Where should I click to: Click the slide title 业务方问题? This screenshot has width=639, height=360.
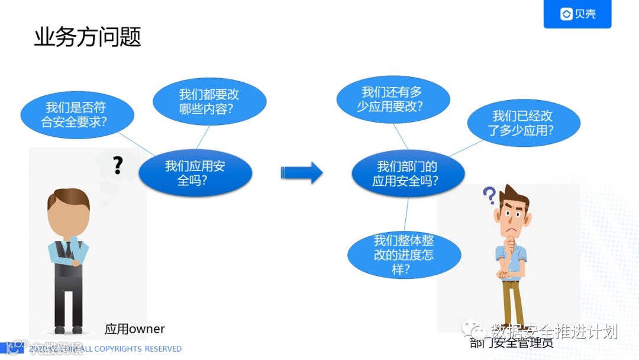[88, 37]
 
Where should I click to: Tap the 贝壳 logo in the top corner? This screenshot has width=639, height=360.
[577, 14]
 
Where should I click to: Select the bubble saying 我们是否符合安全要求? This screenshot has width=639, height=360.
[77, 115]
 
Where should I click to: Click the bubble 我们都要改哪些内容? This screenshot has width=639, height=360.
[209, 102]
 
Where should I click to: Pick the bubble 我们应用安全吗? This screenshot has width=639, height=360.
[195, 173]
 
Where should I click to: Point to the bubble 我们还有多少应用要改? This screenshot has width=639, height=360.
[392, 99]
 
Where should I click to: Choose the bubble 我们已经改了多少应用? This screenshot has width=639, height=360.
[523, 123]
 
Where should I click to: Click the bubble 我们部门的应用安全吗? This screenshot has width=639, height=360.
[408, 173]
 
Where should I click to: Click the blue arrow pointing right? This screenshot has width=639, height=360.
[302, 172]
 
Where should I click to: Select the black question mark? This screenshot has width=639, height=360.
[118, 165]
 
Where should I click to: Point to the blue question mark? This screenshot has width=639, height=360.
[489, 195]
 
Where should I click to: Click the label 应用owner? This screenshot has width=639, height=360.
[135, 329]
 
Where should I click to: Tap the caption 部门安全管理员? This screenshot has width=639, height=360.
[511, 343]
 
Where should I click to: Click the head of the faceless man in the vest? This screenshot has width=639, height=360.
[69, 213]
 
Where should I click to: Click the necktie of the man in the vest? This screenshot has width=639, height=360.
[69, 249]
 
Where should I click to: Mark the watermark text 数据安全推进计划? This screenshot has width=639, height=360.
[554, 331]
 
